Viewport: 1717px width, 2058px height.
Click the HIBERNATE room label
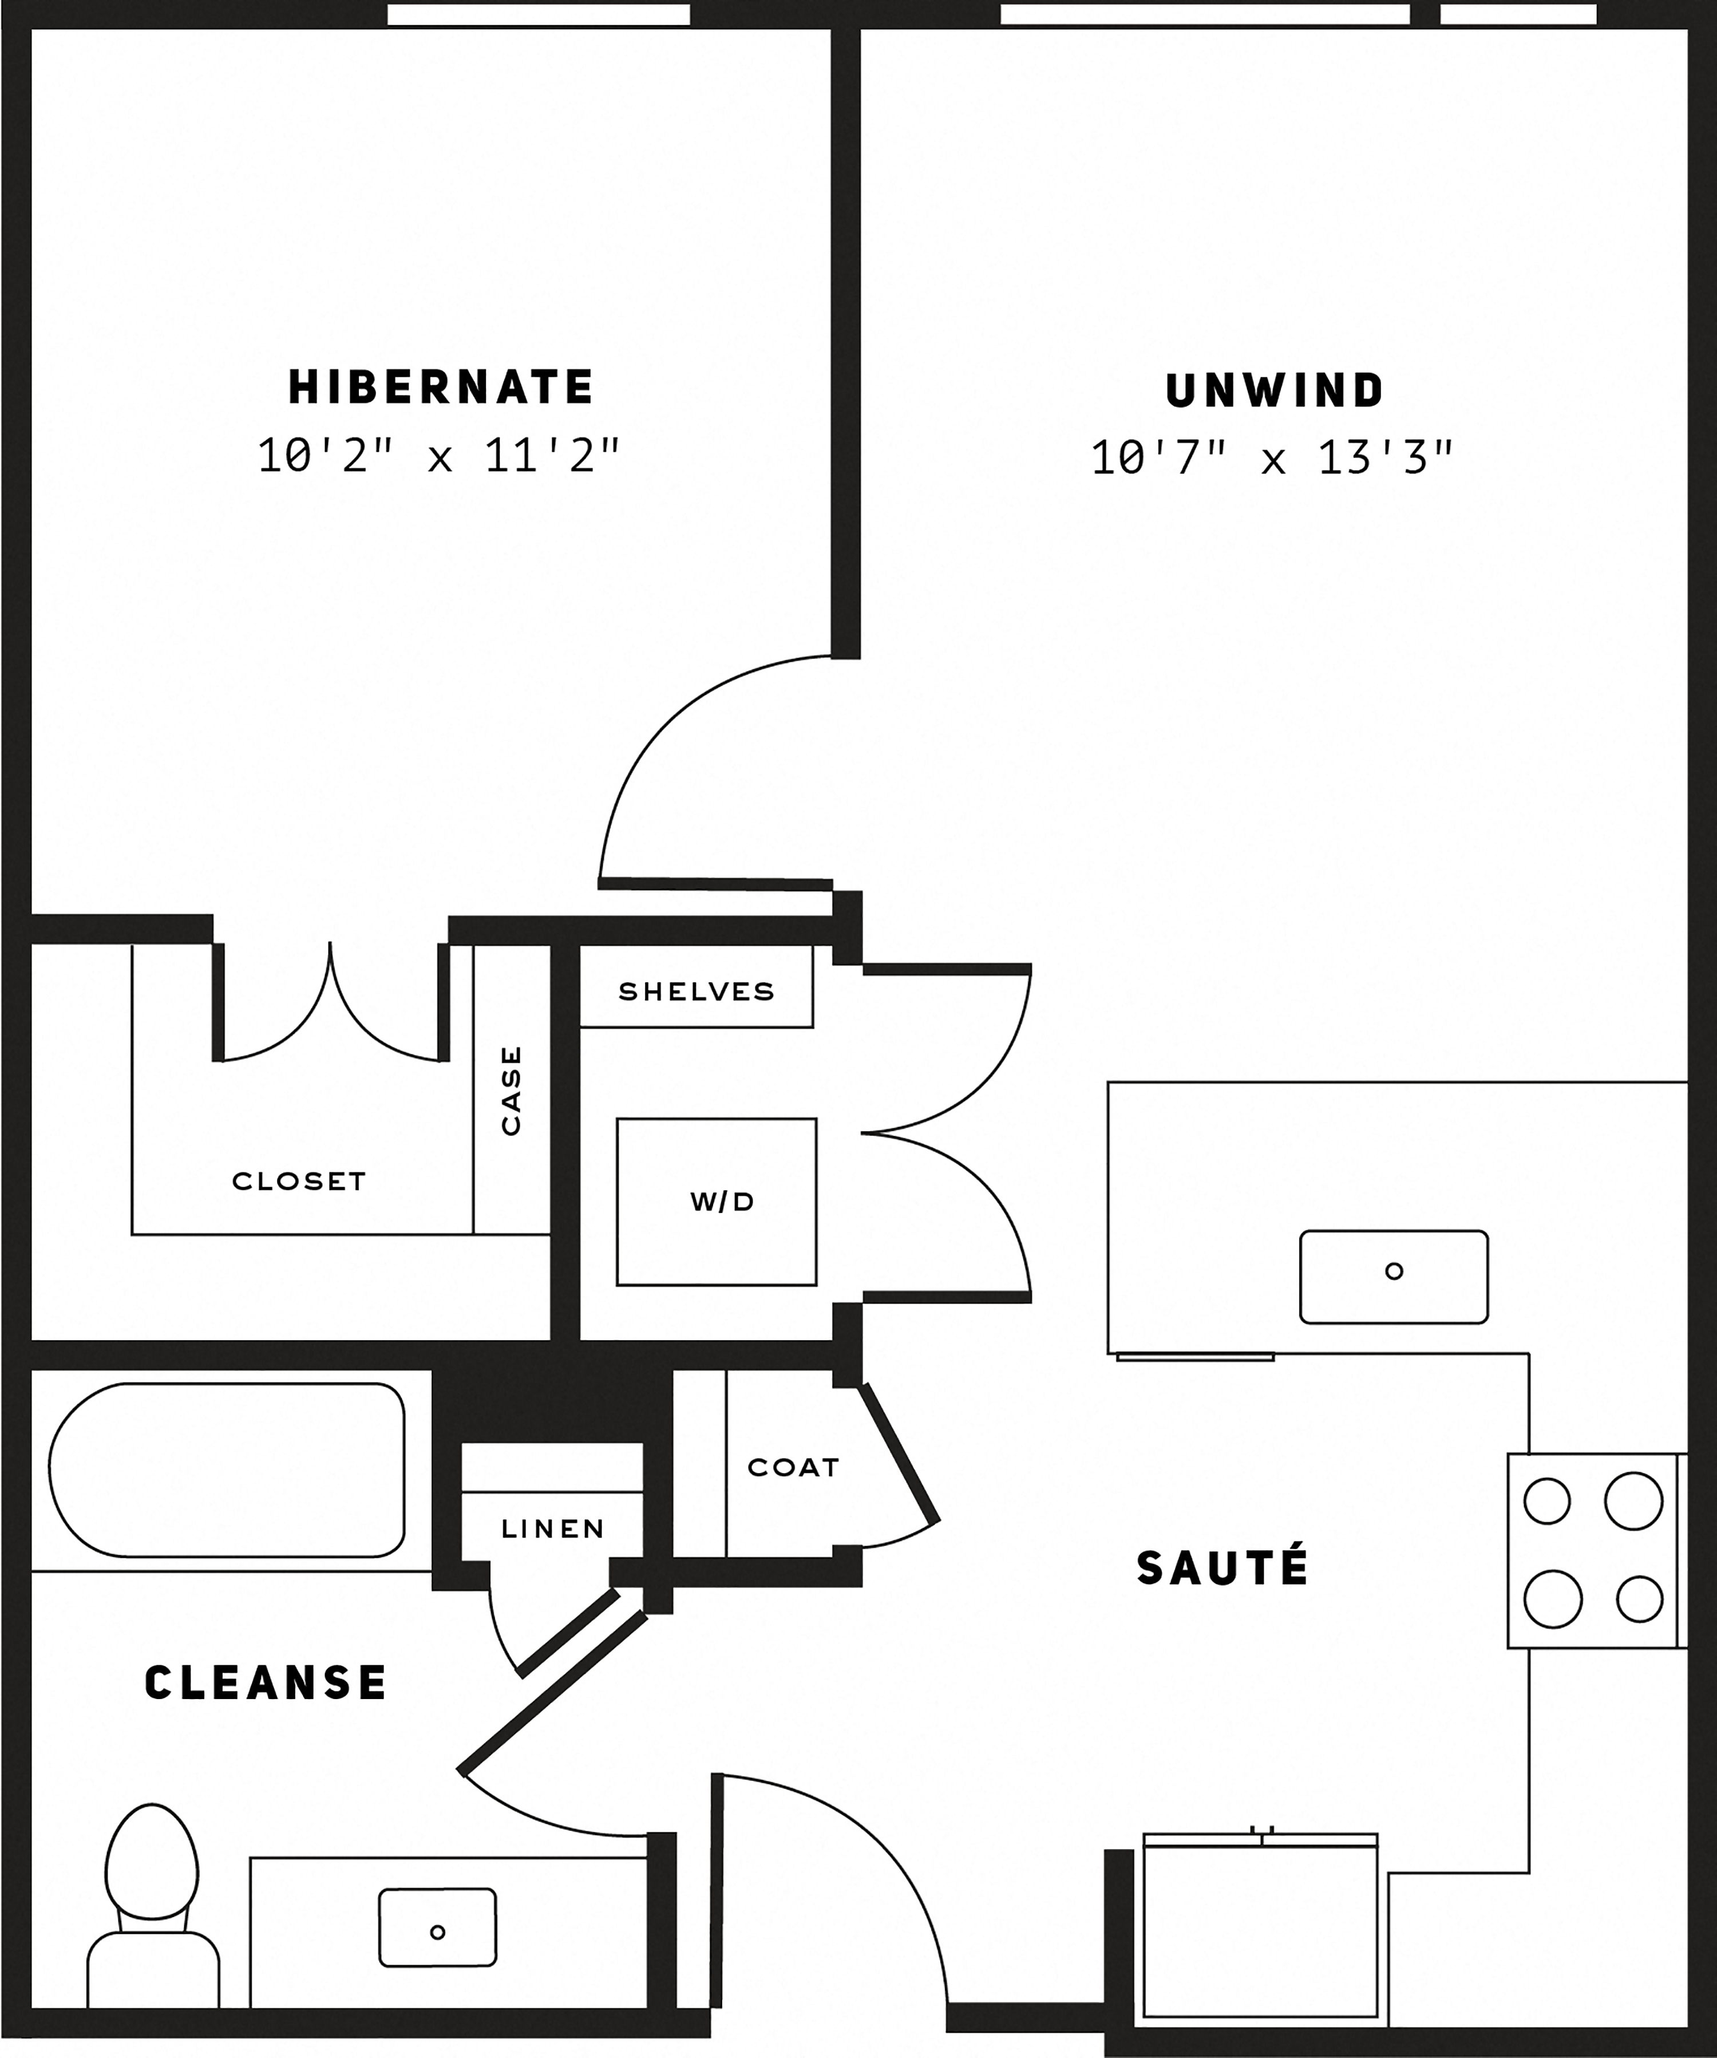(441, 387)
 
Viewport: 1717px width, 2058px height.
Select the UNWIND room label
(1274, 391)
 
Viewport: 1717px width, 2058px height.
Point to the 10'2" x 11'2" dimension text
(439, 456)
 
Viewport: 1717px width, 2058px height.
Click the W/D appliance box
(717, 1202)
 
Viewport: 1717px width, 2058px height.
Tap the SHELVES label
(696, 992)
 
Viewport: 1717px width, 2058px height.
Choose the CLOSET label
(299, 1181)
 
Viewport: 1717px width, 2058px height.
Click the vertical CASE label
(511, 1090)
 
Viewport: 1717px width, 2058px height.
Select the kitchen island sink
(1394, 1277)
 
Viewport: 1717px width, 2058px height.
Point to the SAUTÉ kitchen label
(1222, 1567)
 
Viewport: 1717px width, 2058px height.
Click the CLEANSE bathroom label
(266, 1682)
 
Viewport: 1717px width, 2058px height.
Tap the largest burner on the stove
(1633, 1500)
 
